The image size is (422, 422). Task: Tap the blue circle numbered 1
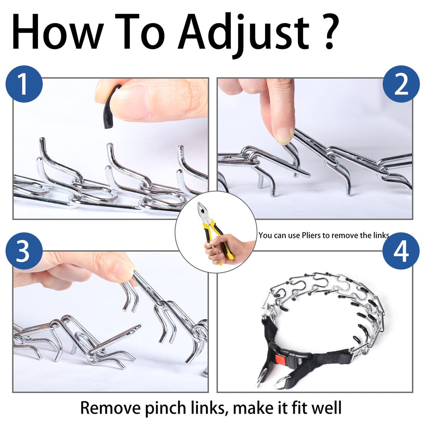[24, 84]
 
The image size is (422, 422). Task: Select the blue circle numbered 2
[401, 84]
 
